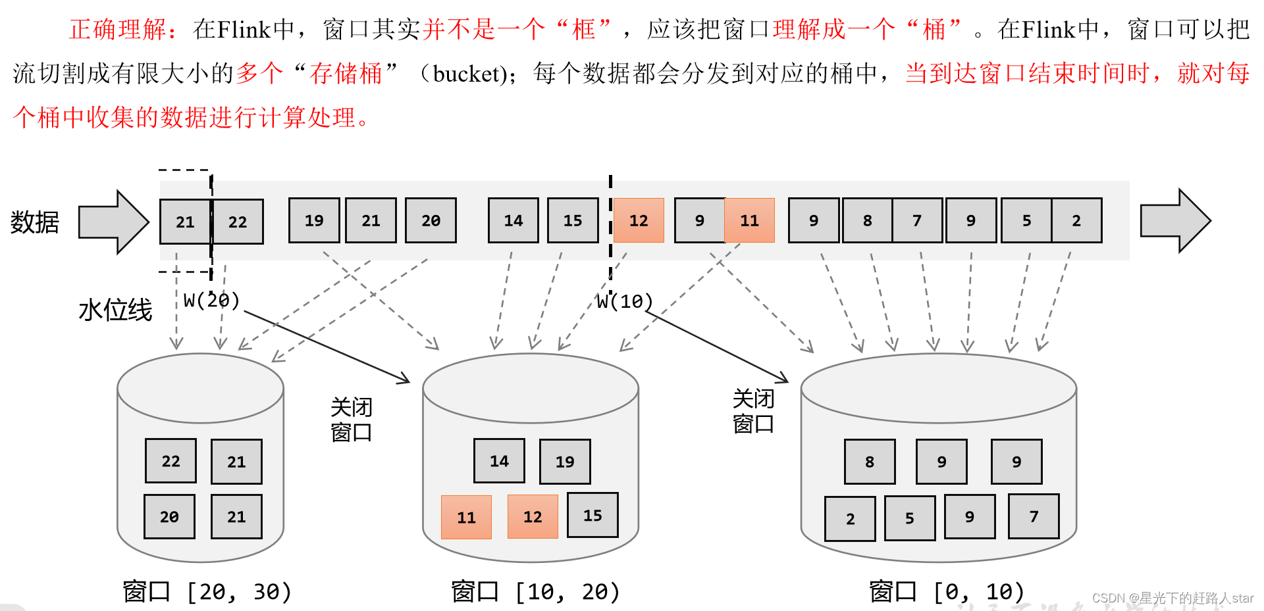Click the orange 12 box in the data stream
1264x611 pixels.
[x=638, y=220]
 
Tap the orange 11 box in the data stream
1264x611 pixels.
[x=749, y=220]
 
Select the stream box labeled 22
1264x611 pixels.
[x=238, y=222]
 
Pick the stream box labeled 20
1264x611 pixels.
[x=431, y=220]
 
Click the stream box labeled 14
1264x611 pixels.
[x=513, y=220]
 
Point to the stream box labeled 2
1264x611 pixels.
[x=1076, y=220]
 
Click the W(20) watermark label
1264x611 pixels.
[x=211, y=301]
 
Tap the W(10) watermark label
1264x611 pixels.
[x=624, y=302]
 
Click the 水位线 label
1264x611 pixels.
[x=115, y=310]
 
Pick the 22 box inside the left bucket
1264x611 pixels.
[x=171, y=461]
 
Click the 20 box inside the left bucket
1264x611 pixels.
[x=169, y=517]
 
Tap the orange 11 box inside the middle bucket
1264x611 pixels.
[x=466, y=518]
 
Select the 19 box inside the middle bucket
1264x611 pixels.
[x=565, y=462]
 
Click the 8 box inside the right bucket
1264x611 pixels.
[x=870, y=462]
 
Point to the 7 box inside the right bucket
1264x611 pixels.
[x=1034, y=517]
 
